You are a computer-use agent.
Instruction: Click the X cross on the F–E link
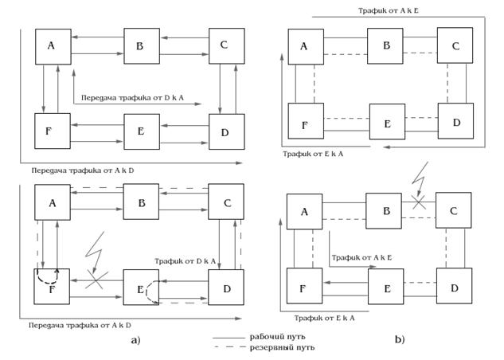pos(96,280)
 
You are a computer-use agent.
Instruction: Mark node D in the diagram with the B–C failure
pos(455,285)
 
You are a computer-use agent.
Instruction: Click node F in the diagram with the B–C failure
pos(305,286)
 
